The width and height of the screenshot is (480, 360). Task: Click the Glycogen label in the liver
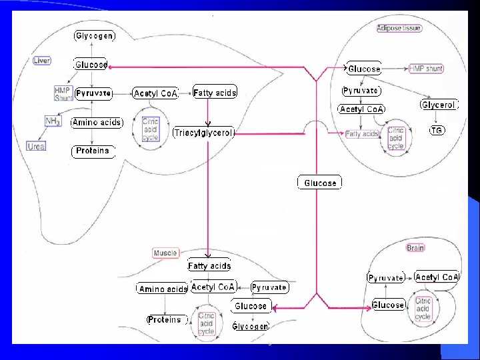point(94,35)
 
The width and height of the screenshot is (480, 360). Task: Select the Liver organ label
point(42,61)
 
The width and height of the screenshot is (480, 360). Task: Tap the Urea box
point(37,145)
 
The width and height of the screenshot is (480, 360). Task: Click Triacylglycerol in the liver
point(203,133)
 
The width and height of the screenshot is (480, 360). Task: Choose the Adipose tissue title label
point(399,28)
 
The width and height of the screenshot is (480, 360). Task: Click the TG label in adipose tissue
point(437,131)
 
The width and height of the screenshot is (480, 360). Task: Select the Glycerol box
point(438,105)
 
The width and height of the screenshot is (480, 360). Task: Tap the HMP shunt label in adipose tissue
point(425,69)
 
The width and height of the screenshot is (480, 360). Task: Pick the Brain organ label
point(415,247)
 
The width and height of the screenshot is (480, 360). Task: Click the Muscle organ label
point(165,253)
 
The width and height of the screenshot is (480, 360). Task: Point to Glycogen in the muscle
point(250,326)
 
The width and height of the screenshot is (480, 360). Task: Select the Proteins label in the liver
point(92,151)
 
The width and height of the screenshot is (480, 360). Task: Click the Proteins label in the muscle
point(165,320)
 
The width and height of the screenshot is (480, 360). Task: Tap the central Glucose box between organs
point(320,183)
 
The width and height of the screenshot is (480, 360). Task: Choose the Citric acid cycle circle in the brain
point(423,308)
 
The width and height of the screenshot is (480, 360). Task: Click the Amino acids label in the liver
point(97,123)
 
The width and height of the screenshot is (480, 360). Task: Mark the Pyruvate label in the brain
point(385,277)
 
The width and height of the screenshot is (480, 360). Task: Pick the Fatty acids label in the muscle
point(209,266)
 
